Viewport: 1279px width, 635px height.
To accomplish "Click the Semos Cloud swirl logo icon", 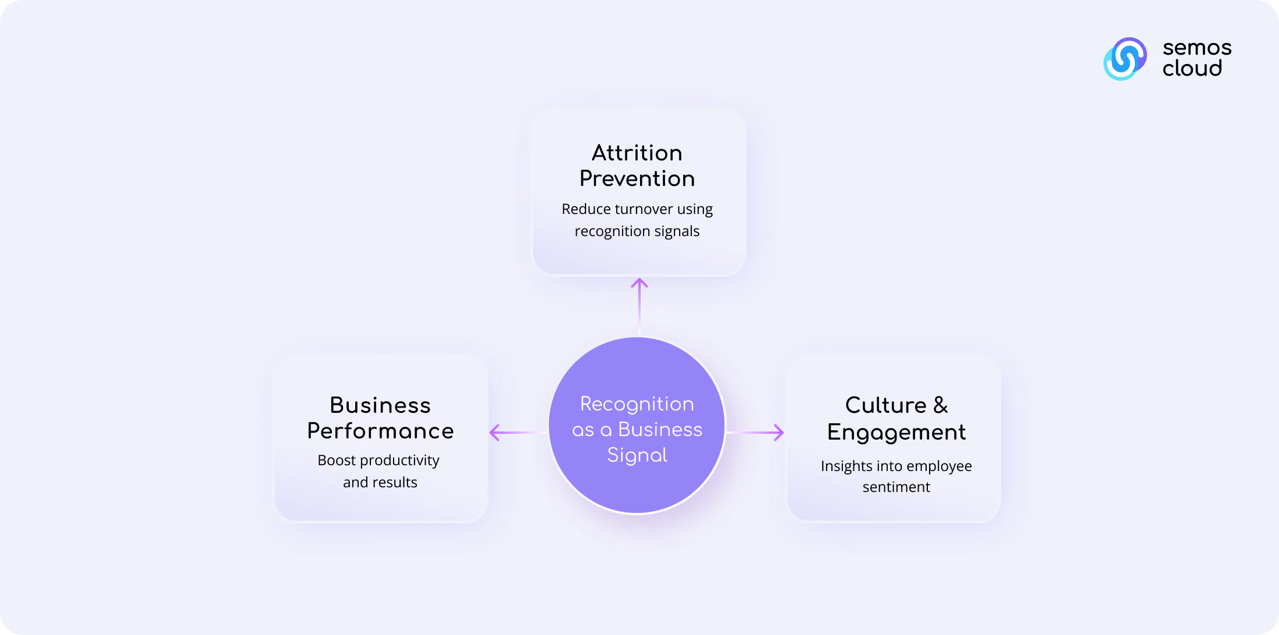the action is point(1125,59).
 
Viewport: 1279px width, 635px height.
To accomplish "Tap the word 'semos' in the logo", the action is point(1197,48).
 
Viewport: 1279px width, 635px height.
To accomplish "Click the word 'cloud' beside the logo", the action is point(1192,68).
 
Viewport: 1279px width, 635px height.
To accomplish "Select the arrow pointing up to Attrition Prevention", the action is point(640,306).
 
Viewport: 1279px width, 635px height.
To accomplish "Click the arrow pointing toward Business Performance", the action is point(518,433).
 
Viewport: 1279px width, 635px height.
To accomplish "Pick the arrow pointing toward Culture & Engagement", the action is point(755,433).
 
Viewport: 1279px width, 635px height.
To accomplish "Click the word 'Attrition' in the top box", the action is point(637,153).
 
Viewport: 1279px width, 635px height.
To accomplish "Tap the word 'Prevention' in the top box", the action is point(637,179).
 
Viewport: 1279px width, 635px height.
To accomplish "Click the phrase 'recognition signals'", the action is point(637,231).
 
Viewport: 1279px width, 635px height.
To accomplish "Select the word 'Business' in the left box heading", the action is point(380,405).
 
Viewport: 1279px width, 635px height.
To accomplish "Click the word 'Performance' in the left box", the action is point(380,431).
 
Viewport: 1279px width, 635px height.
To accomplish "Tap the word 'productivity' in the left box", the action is point(400,461).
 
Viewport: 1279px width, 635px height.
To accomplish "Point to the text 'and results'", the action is point(380,482).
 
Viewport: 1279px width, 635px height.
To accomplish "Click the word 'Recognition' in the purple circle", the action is point(637,404).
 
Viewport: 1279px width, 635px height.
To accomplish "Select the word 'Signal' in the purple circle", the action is point(637,455).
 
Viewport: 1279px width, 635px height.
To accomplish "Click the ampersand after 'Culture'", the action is point(941,405).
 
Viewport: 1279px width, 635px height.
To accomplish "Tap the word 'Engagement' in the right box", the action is point(896,433).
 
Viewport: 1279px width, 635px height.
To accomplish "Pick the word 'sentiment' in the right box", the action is point(896,487).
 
